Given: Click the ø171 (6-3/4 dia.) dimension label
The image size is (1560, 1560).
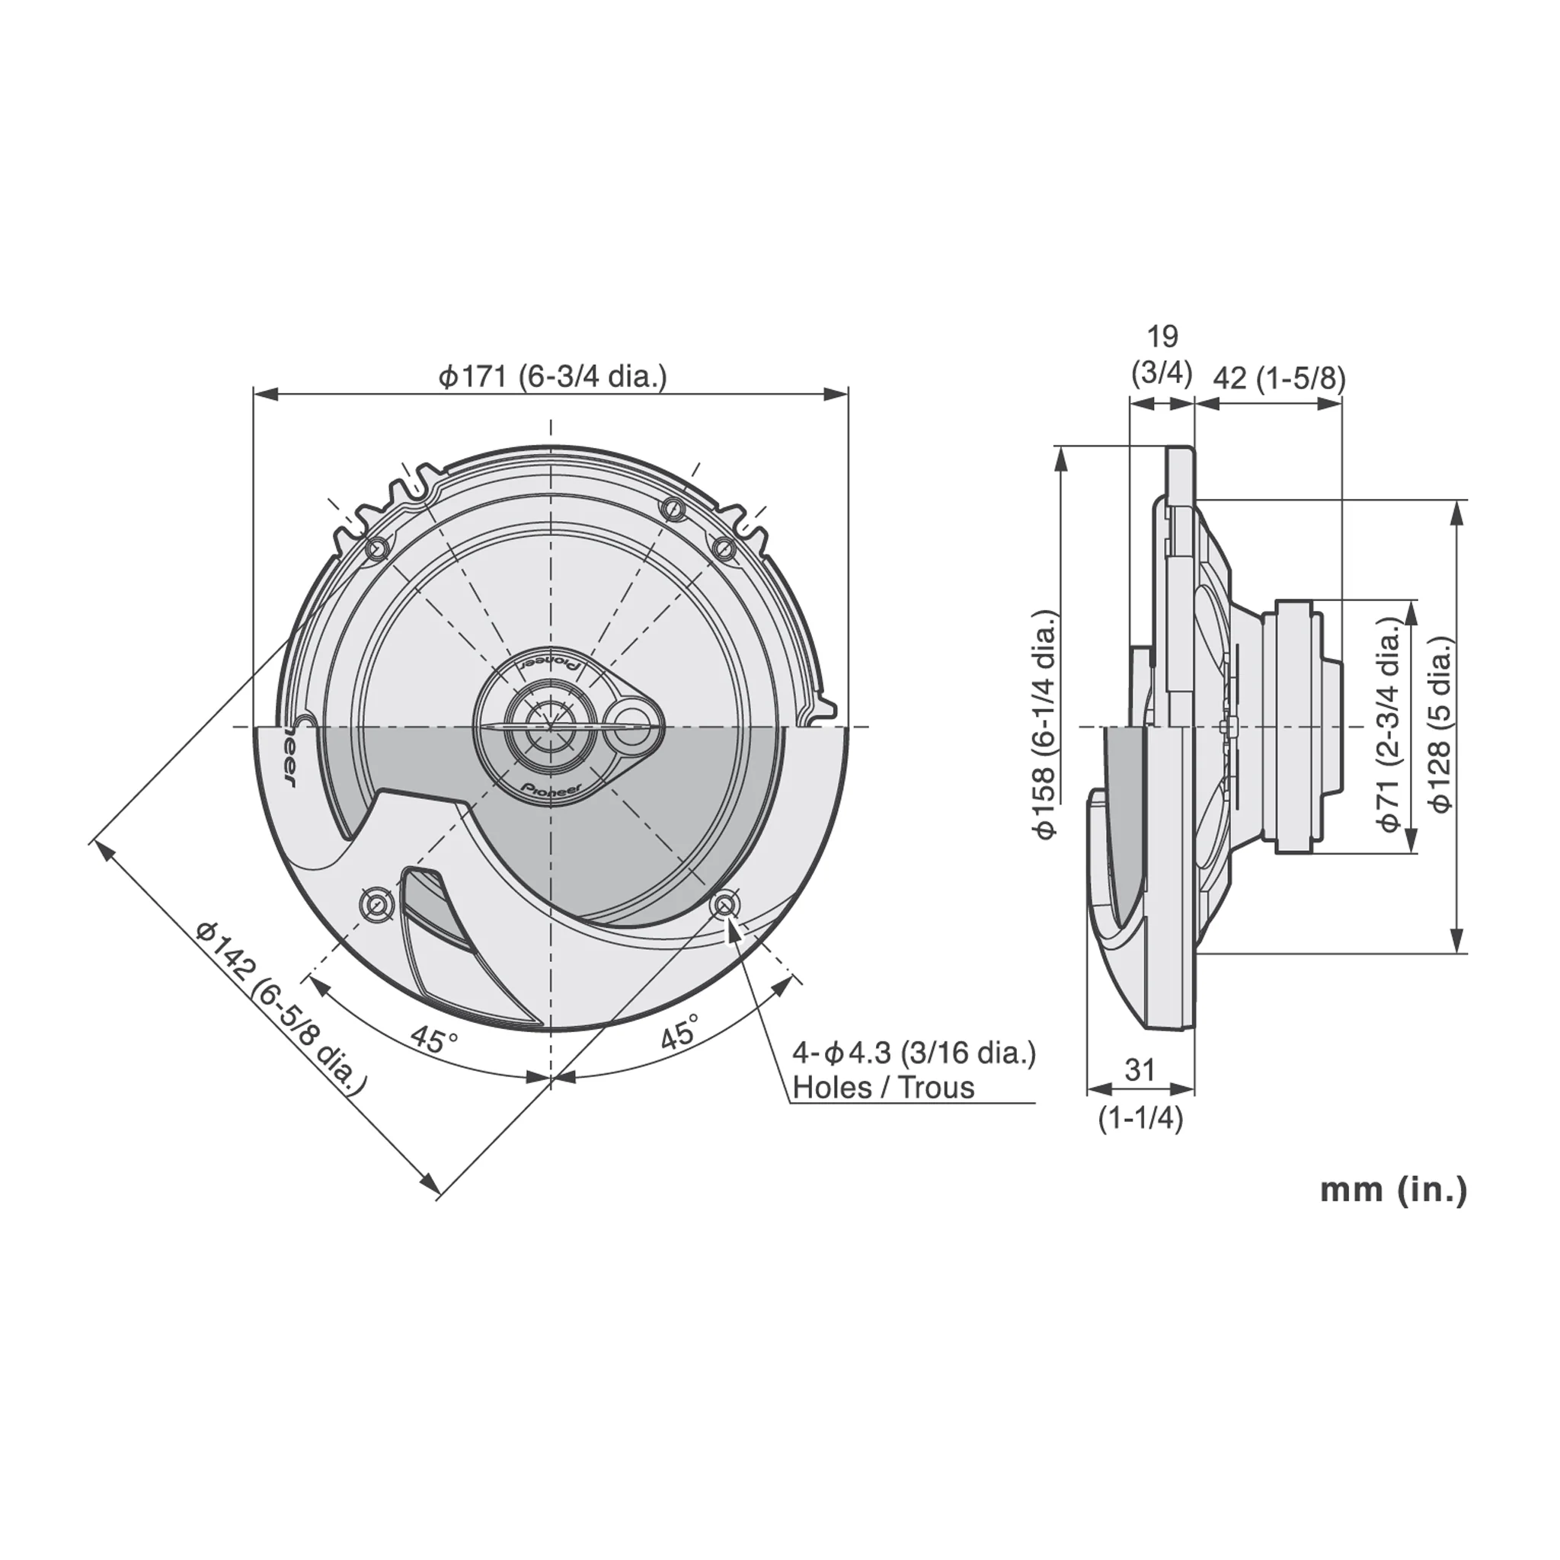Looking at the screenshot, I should click(x=552, y=376).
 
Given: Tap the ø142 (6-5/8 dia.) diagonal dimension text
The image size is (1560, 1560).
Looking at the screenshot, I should click(x=280, y=1009).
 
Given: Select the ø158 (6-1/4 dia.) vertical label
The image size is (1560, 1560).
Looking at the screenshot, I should click(x=1047, y=725).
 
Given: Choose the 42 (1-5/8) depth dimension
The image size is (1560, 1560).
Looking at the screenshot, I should click(x=1280, y=378).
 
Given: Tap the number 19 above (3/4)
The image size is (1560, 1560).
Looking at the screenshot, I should click(x=1162, y=336).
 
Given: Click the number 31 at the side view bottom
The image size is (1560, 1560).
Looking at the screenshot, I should click(x=1140, y=1070).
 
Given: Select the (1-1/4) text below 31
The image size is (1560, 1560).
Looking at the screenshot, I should click(x=1140, y=1118).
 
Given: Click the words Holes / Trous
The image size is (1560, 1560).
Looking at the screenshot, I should click(x=884, y=1088).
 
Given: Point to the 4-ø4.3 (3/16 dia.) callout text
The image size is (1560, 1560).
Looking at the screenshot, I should click(x=913, y=1053).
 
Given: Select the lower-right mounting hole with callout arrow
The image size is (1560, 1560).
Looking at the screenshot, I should click(x=724, y=905).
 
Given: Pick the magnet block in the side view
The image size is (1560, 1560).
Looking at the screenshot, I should click(x=1300, y=726).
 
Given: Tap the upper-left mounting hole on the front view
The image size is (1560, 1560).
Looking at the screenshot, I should click(x=377, y=549).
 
